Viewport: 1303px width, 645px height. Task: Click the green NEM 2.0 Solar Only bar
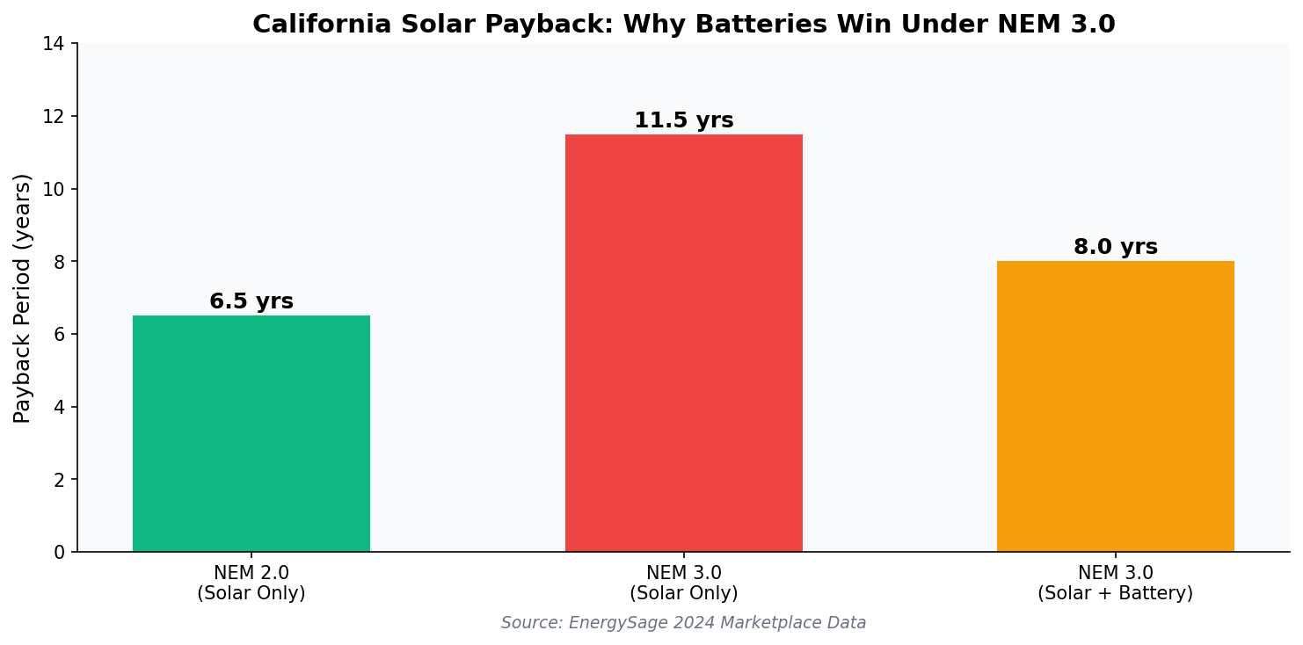click(x=251, y=433)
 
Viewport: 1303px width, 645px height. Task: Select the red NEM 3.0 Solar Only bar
click(x=683, y=343)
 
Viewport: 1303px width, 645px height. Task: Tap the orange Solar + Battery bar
click(x=1115, y=406)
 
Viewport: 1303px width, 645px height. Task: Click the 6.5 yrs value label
click(x=251, y=301)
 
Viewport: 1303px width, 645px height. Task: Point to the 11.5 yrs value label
click(x=683, y=120)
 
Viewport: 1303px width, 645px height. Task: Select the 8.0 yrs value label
click(x=1115, y=247)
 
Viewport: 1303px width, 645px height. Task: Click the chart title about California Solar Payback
click(x=683, y=25)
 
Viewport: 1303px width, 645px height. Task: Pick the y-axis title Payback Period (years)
click(x=23, y=297)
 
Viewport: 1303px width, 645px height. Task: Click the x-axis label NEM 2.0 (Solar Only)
click(x=251, y=583)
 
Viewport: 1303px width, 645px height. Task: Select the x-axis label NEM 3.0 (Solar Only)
click(x=683, y=583)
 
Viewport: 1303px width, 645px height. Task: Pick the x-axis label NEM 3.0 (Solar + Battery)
click(x=1115, y=583)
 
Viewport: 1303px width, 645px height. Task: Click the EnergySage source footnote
click(x=683, y=623)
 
